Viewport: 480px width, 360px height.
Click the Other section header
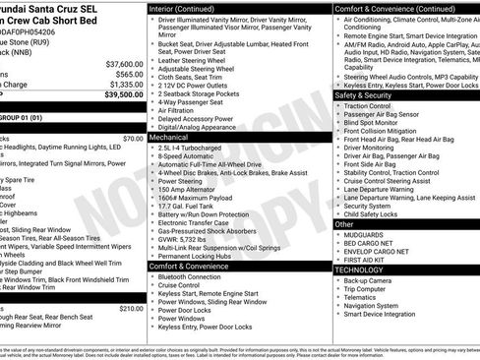coord(344,224)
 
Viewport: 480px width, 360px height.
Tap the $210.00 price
coord(132,308)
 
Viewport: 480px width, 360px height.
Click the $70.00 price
coord(134,139)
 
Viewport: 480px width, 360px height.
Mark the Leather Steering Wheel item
coord(197,61)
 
